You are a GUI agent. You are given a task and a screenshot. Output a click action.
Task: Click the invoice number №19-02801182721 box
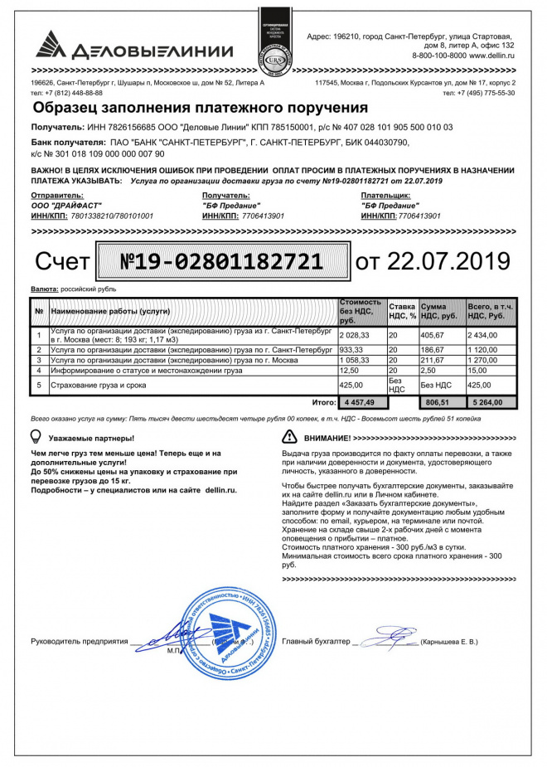222,261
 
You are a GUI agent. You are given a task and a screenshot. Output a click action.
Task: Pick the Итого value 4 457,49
360,402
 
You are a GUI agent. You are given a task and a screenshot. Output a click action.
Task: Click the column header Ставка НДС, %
403,311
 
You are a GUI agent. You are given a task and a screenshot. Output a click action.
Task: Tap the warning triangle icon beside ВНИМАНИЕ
289,436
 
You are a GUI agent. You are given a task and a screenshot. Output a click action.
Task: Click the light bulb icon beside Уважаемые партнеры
36,436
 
